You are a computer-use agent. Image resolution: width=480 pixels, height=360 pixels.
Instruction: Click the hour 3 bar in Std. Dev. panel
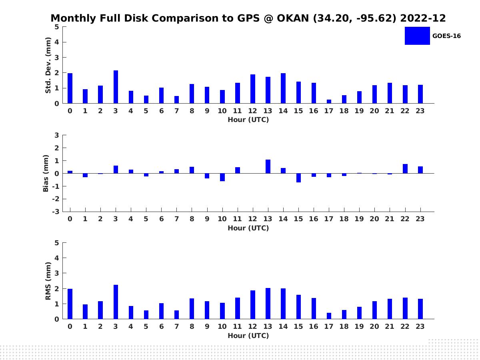116,87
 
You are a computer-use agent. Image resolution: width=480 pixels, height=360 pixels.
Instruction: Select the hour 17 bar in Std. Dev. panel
329,101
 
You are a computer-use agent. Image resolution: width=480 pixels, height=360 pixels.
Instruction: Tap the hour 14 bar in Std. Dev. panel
283,88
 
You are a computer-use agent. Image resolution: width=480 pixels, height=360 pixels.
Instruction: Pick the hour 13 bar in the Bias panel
268,166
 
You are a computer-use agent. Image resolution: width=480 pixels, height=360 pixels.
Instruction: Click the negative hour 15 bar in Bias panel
298,178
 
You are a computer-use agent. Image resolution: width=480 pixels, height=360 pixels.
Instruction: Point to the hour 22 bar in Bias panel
405,169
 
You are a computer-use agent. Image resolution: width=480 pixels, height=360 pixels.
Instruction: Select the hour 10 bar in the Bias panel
222,177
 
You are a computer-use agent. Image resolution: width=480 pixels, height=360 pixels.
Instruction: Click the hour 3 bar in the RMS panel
116,302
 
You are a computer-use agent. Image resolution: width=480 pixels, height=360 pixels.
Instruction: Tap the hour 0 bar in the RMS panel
70,304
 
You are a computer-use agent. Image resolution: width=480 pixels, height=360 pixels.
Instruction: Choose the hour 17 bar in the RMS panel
329,316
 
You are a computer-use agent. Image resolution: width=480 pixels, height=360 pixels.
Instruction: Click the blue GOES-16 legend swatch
417,36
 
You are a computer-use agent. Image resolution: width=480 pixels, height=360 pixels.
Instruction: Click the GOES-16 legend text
446,36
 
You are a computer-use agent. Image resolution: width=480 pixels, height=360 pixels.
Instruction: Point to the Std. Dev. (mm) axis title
48,65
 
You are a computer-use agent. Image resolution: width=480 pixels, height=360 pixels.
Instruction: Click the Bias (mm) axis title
46,173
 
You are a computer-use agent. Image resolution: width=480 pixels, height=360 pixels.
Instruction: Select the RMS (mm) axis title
48,281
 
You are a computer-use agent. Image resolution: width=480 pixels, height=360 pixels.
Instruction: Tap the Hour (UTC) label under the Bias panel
248,228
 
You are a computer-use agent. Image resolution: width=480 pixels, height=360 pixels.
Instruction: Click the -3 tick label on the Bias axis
56,212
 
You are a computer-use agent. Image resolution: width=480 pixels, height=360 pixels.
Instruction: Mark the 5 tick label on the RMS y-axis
57,243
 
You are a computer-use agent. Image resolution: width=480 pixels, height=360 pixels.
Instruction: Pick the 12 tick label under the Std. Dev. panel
253,111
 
